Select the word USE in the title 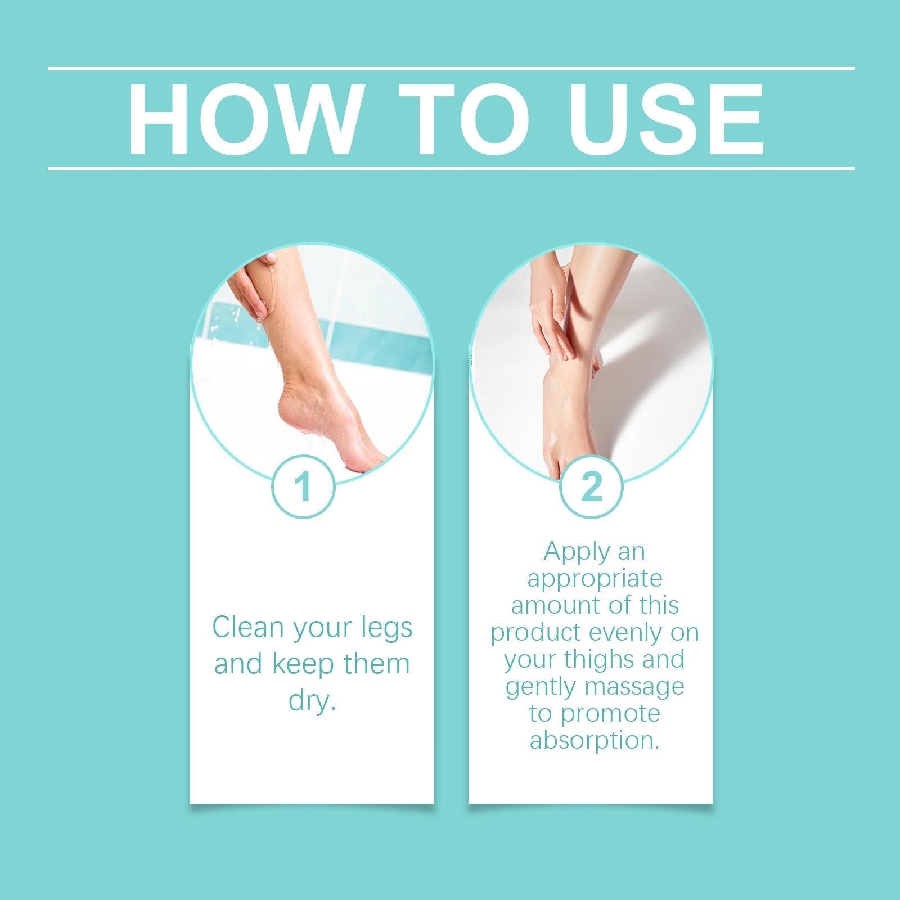666,119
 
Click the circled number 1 303,487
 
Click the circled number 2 591,487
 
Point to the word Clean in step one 250,627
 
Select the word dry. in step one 312,701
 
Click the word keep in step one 304,664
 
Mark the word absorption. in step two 595,740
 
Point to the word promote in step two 610,713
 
